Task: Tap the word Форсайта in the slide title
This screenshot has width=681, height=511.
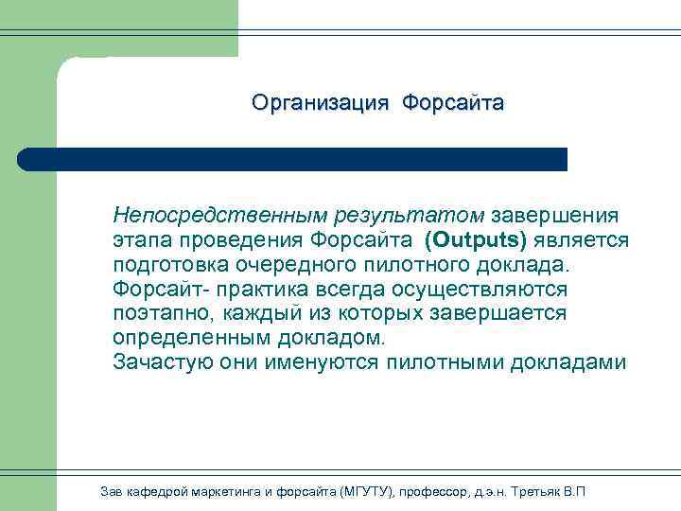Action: [452, 102]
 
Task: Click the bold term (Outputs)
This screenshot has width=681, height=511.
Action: [475, 239]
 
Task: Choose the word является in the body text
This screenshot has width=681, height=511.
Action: [581, 239]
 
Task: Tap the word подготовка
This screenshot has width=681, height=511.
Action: [172, 264]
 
